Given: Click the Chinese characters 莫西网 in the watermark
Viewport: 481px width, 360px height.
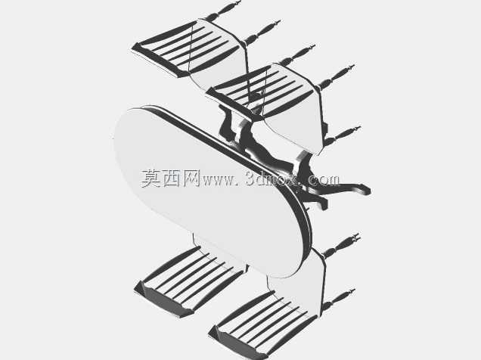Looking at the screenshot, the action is [x=171, y=178].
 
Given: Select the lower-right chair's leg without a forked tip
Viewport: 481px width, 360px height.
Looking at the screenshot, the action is [x=338, y=298].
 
